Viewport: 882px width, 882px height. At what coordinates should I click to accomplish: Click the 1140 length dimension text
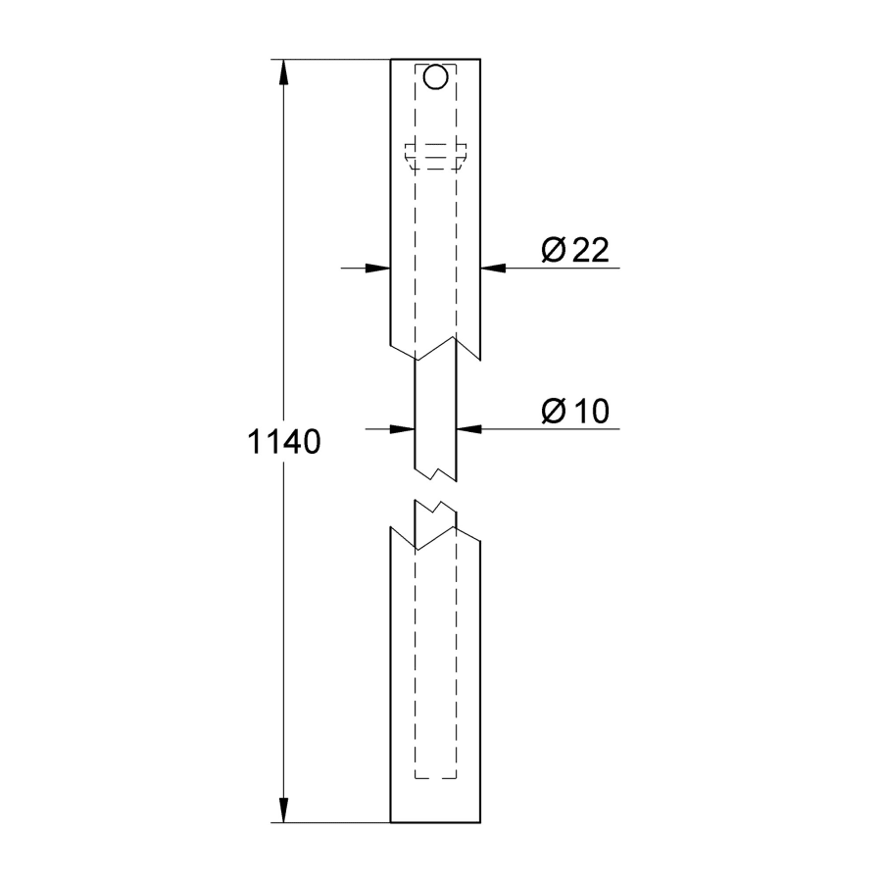pyautogui.click(x=283, y=443)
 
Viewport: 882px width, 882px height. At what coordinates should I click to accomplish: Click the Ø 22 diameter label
pyautogui.click(x=575, y=251)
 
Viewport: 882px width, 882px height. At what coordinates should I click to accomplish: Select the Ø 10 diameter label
pyautogui.click(x=575, y=413)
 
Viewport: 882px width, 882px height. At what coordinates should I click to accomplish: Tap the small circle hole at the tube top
pyautogui.click(x=436, y=75)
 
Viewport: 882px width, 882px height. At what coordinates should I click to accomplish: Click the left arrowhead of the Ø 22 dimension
pyautogui.click(x=377, y=267)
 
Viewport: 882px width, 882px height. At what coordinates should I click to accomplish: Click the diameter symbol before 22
pyautogui.click(x=553, y=251)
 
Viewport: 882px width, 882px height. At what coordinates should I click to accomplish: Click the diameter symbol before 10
pyautogui.click(x=553, y=413)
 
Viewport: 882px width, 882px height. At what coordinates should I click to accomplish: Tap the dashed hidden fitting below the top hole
pyautogui.click(x=436, y=155)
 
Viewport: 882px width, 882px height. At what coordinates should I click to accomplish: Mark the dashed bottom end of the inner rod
pyautogui.click(x=436, y=779)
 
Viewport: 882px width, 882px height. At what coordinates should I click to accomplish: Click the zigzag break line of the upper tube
pyautogui.click(x=436, y=348)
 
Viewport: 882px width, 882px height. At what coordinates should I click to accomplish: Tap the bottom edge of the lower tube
pyautogui.click(x=436, y=822)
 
